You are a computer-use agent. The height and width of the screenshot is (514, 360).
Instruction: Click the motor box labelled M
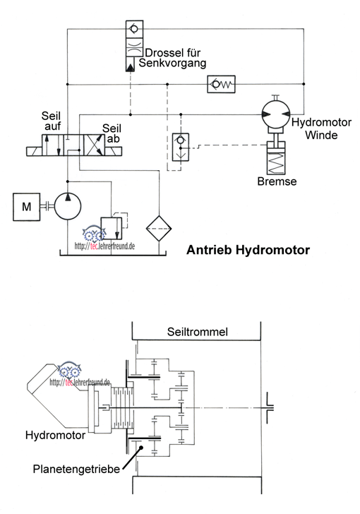click(27, 207)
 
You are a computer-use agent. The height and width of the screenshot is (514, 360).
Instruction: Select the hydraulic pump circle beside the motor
click(68, 206)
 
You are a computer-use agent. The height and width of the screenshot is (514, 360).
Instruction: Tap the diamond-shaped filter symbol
click(159, 229)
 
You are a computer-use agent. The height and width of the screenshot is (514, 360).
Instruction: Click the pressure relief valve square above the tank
click(111, 228)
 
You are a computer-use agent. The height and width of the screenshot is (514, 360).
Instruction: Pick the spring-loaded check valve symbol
click(222, 84)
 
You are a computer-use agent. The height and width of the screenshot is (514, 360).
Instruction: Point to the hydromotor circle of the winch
click(276, 114)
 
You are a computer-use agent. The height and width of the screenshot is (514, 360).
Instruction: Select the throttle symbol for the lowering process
click(134, 47)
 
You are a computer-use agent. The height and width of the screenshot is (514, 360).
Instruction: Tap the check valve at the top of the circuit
click(134, 29)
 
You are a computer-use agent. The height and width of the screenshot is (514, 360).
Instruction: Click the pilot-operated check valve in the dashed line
click(181, 147)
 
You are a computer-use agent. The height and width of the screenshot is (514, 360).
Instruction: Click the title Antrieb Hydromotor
click(248, 250)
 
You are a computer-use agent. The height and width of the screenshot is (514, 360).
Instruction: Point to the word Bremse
click(277, 181)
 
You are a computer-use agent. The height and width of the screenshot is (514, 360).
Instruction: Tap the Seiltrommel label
click(198, 332)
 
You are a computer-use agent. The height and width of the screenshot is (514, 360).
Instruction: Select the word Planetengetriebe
click(76, 469)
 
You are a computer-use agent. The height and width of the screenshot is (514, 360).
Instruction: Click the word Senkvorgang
click(172, 63)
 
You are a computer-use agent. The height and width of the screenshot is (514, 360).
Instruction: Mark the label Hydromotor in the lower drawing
click(55, 436)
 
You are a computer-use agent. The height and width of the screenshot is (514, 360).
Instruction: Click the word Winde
click(321, 135)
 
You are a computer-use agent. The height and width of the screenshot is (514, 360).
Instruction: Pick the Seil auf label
click(52, 121)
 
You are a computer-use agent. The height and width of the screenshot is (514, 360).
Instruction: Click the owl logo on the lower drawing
click(70, 370)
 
